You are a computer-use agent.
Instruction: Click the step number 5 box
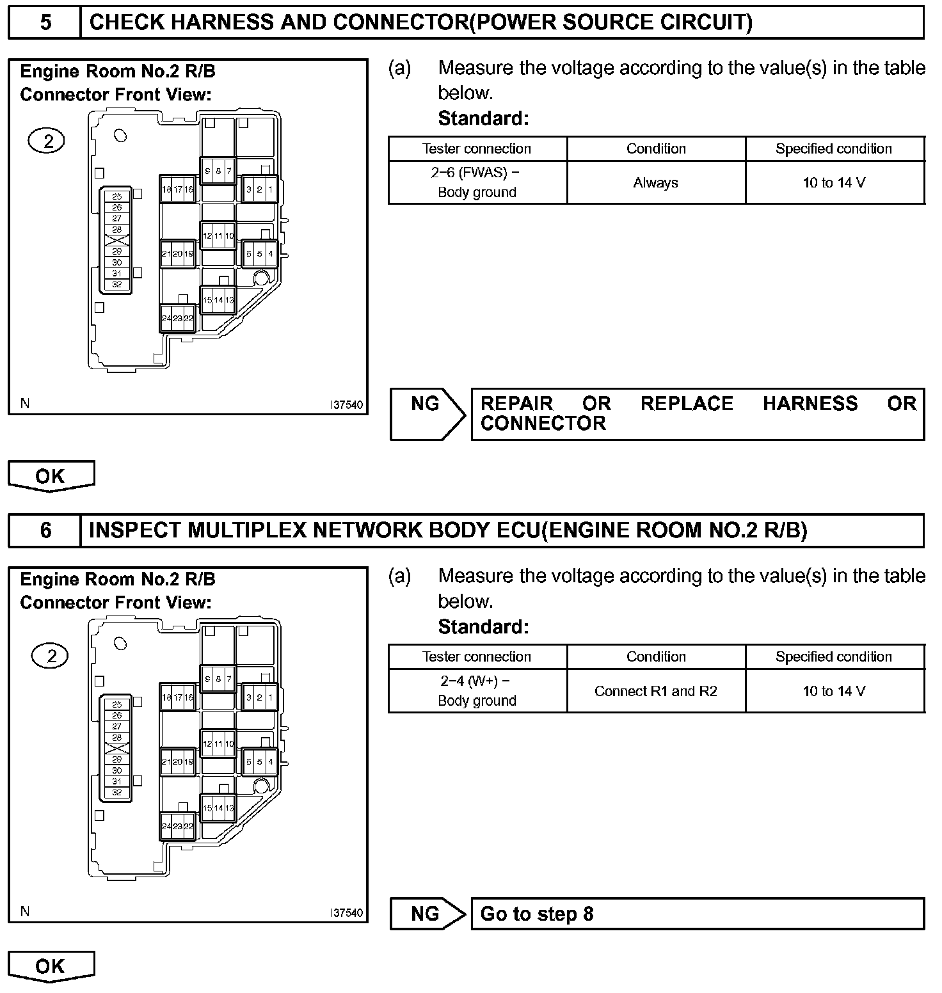coord(45,23)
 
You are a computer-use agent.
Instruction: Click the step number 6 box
coord(45,530)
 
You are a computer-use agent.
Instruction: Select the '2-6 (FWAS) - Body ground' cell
coord(477,182)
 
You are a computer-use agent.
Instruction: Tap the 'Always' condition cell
coord(656,183)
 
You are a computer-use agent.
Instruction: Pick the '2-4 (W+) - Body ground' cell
coord(477,691)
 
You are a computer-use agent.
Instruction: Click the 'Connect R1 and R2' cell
coord(656,691)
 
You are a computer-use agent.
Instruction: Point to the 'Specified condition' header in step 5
coord(834,148)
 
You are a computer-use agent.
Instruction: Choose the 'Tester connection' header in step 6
coord(477,656)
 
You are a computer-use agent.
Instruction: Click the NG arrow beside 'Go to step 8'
coord(427,914)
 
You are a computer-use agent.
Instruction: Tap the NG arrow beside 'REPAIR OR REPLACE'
coord(427,413)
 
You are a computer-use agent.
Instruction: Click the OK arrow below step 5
coord(51,476)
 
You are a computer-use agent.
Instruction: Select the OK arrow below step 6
coord(51,966)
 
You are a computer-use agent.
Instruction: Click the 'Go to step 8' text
coord(537,914)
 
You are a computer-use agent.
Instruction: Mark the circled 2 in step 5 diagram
coord(47,141)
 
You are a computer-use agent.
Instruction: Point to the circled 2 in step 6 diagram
coord(51,655)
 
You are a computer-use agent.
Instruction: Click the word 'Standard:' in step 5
coord(484,118)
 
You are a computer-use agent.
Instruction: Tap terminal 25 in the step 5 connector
coord(116,196)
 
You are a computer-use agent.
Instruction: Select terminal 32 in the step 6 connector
coord(116,792)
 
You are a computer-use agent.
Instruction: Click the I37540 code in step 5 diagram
coord(346,405)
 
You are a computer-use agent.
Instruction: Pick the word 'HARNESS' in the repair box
coord(810,404)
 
